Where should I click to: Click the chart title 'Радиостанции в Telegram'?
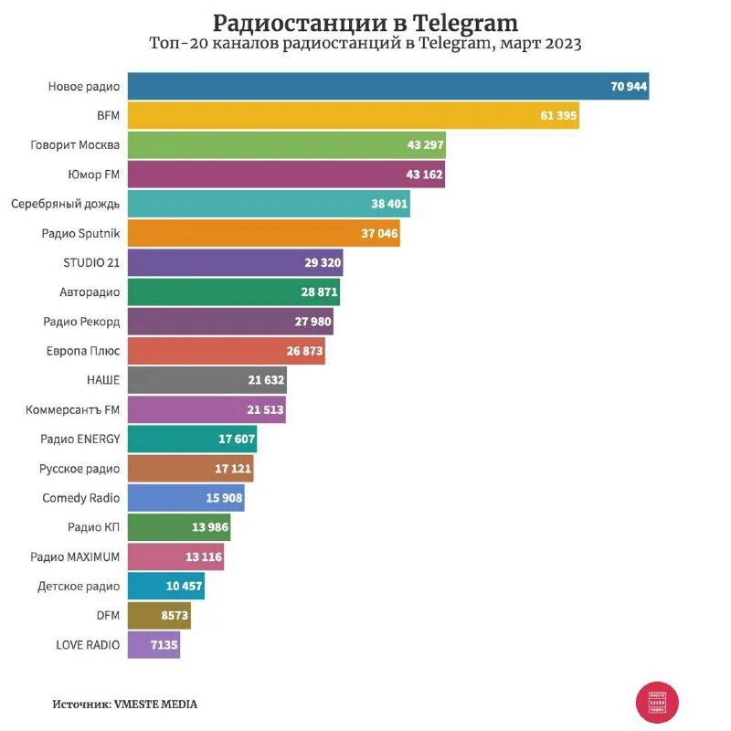[x=365, y=22]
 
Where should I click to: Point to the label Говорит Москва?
[x=75, y=144]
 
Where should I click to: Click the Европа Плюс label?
[x=83, y=351]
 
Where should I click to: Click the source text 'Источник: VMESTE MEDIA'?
[x=124, y=705]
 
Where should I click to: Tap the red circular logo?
[x=657, y=703]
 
